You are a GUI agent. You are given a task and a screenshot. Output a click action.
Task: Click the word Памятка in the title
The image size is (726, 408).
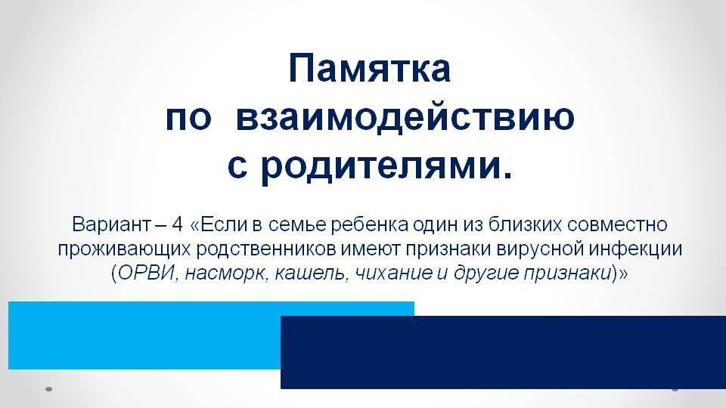369,69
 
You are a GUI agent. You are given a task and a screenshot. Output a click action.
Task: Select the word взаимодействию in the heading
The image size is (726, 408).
405,118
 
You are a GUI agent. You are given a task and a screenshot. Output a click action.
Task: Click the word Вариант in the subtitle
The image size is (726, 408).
111,224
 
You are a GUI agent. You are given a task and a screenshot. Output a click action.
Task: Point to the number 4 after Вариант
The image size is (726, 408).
177,224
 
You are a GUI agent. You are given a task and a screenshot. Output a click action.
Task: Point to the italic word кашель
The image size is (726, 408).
310,274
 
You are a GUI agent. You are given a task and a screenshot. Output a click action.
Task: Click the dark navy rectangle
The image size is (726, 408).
504,353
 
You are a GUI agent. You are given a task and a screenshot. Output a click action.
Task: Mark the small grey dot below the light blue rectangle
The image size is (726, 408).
48,389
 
